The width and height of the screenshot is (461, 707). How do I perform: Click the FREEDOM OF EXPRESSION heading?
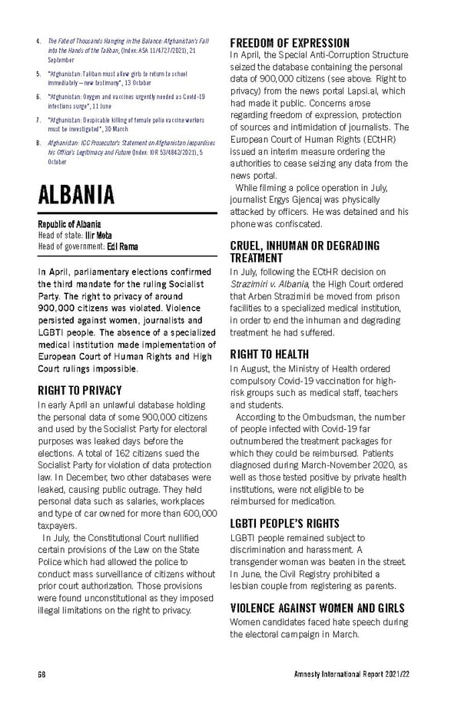tap(290, 43)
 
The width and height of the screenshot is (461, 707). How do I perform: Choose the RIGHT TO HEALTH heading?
tap(269, 355)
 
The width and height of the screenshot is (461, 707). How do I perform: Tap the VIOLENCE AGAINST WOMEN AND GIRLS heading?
tap(317, 608)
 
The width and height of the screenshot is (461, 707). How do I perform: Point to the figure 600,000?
tap(195, 513)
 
